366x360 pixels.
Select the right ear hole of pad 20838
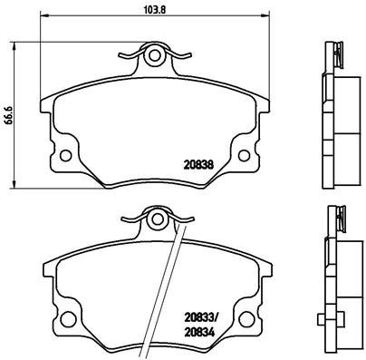tap(243, 151)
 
